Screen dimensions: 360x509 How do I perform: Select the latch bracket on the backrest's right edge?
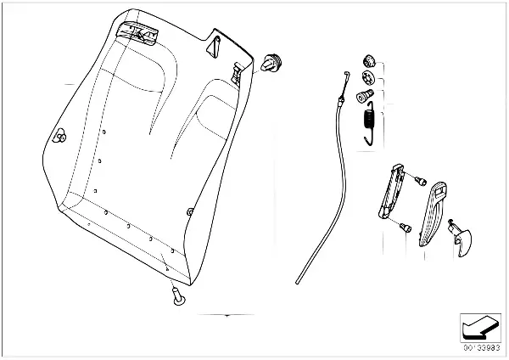pos(238,72)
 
